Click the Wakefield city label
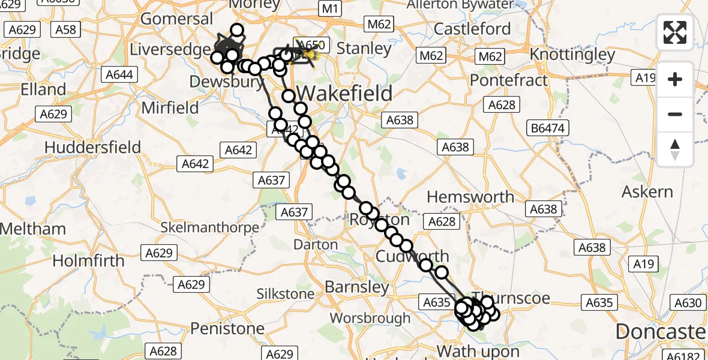coord(345,94)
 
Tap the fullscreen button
coord(675,32)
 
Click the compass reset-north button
coord(675,149)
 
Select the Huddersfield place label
coord(92,147)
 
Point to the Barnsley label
coord(357,287)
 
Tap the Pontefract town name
coord(509,80)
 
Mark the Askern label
coord(647,192)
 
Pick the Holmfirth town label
coord(88,260)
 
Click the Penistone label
coord(227,328)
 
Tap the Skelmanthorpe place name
coord(210,228)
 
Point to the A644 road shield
coord(120,75)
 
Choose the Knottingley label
coord(572,55)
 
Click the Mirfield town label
coord(170,108)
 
